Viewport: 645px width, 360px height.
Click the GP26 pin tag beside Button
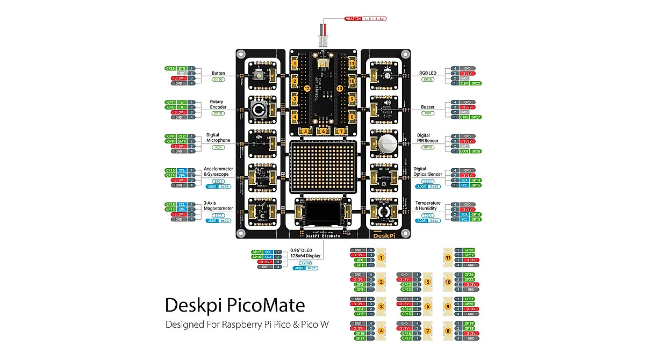[x=170, y=69]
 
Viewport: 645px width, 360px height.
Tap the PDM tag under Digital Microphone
[x=218, y=147]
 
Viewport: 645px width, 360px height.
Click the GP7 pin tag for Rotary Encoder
[x=170, y=102]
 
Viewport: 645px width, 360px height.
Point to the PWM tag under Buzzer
[x=428, y=113]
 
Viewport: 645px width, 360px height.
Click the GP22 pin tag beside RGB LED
[x=476, y=84]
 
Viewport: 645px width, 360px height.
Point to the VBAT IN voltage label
[x=365, y=19]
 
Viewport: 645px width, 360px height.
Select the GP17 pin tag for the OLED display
[x=256, y=252]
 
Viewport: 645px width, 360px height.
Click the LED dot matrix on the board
[x=322, y=167]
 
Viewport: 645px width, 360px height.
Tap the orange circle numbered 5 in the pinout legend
[x=428, y=282]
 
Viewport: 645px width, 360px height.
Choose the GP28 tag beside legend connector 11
[x=469, y=250]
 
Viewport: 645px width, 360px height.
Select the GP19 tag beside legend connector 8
[x=469, y=323]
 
